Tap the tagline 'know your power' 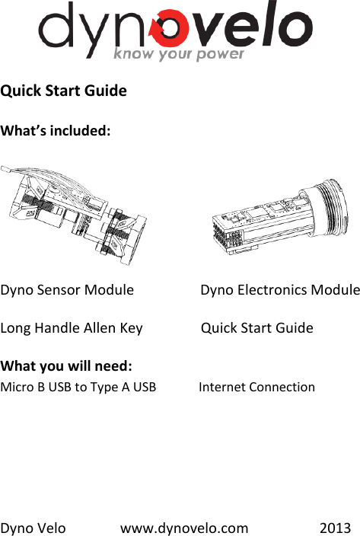tap(179, 54)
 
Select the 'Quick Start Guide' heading tap(64, 91)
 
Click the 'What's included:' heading tap(56, 130)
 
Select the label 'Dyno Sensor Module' tap(67, 290)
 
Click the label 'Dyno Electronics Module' tap(279, 290)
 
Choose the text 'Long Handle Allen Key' tap(72, 328)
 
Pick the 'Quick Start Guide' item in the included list tap(256, 328)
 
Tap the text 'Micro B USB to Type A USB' tap(78, 387)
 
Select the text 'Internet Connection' tap(256, 387)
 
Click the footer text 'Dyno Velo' tap(33, 528)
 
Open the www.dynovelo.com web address tap(184, 528)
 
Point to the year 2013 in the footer tap(336, 528)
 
